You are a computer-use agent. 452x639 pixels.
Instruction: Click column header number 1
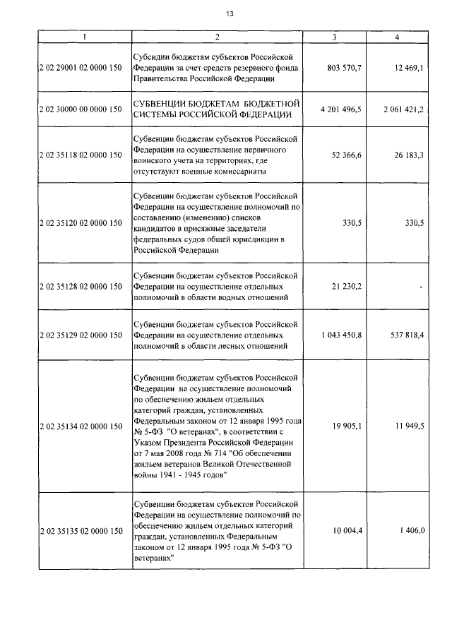(x=83, y=37)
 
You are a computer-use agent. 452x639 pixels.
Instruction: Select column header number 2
(x=217, y=37)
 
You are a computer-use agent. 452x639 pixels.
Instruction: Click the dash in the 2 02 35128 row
(x=421, y=286)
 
